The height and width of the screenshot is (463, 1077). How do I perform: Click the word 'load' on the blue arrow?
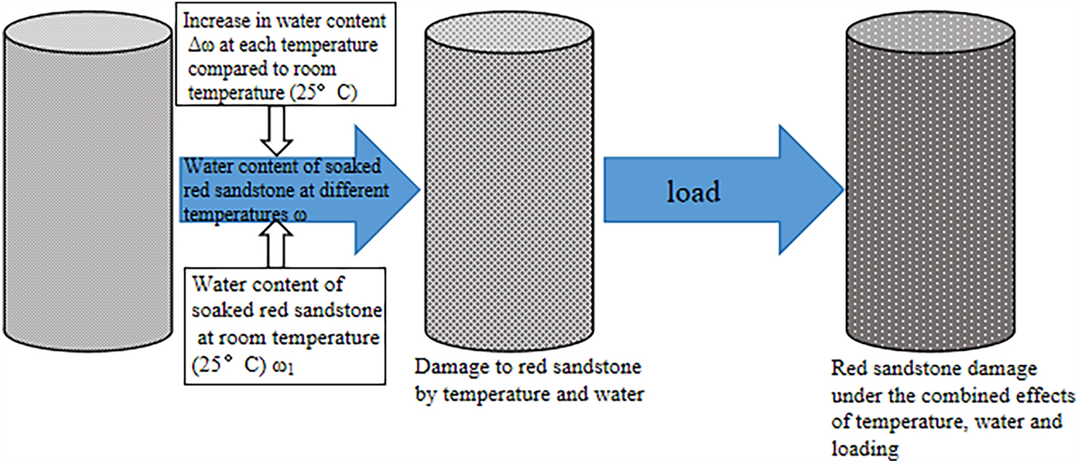pos(693,192)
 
